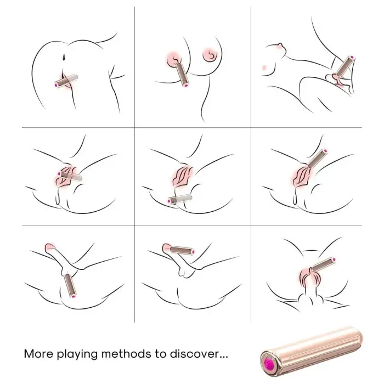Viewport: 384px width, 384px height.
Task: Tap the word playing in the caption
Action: point(83,354)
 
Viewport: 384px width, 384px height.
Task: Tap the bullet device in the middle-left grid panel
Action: point(72,176)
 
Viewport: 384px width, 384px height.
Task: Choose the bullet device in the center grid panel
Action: point(181,199)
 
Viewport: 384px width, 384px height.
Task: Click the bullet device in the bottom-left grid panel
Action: point(69,285)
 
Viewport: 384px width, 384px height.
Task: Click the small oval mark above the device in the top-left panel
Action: point(65,56)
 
